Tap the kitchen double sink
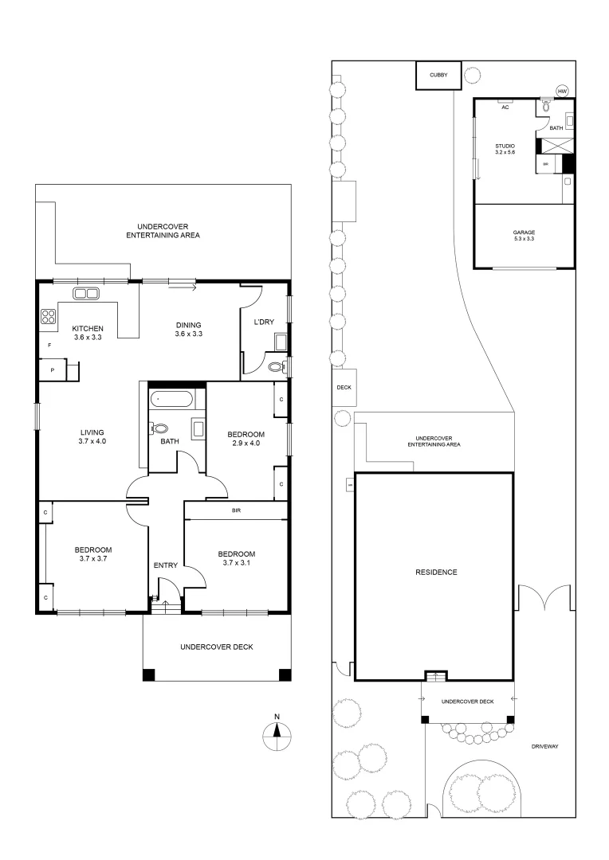click(86, 293)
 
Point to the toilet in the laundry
click(276, 367)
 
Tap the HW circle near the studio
click(562, 91)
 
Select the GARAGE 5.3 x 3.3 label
click(524, 236)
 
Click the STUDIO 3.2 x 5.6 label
click(505, 149)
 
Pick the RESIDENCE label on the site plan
click(435, 572)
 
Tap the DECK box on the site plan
click(344, 388)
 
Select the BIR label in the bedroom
click(236, 510)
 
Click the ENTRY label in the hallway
click(165, 565)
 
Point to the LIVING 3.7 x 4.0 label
click(92, 436)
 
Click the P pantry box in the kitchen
click(53, 370)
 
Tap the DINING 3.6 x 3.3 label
click(189, 329)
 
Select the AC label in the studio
click(505, 107)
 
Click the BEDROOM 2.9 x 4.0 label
click(246, 439)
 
